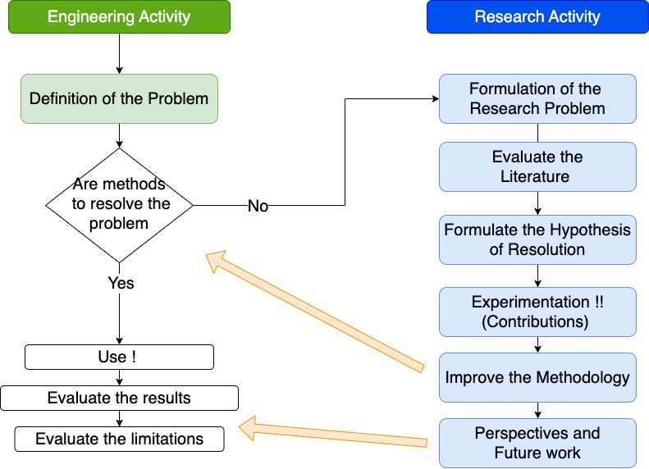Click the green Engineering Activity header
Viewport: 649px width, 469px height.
pyautogui.click(x=119, y=17)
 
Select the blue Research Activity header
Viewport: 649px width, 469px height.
pyautogui.click(x=537, y=17)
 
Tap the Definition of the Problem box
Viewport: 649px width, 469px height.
pyautogui.click(x=119, y=99)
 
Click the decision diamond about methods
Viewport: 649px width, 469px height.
pyautogui.click(x=120, y=204)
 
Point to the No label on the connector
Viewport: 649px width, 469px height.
pyautogui.click(x=258, y=207)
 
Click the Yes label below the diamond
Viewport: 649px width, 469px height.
pyautogui.click(x=121, y=283)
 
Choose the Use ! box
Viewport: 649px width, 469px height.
pyautogui.click(x=120, y=357)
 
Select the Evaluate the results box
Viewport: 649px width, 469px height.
pyautogui.click(x=120, y=398)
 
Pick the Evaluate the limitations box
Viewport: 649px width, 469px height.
pyautogui.click(x=120, y=439)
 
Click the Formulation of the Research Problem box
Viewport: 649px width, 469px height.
pyautogui.click(x=537, y=98)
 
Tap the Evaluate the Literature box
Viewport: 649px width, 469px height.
pyautogui.click(x=537, y=166)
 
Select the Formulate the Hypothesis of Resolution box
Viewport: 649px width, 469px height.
pyautogui.click(x=537, y=239)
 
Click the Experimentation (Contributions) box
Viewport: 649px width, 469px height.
pyautogui.click(x=537, y=311)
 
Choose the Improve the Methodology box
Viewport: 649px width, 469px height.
pyautogui.click(x=537, y=378)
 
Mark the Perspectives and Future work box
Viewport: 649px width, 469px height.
pyautogui.click(x=537, y=442)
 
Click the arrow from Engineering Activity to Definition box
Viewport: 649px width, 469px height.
pyautogui.click(x=120, y=53)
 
